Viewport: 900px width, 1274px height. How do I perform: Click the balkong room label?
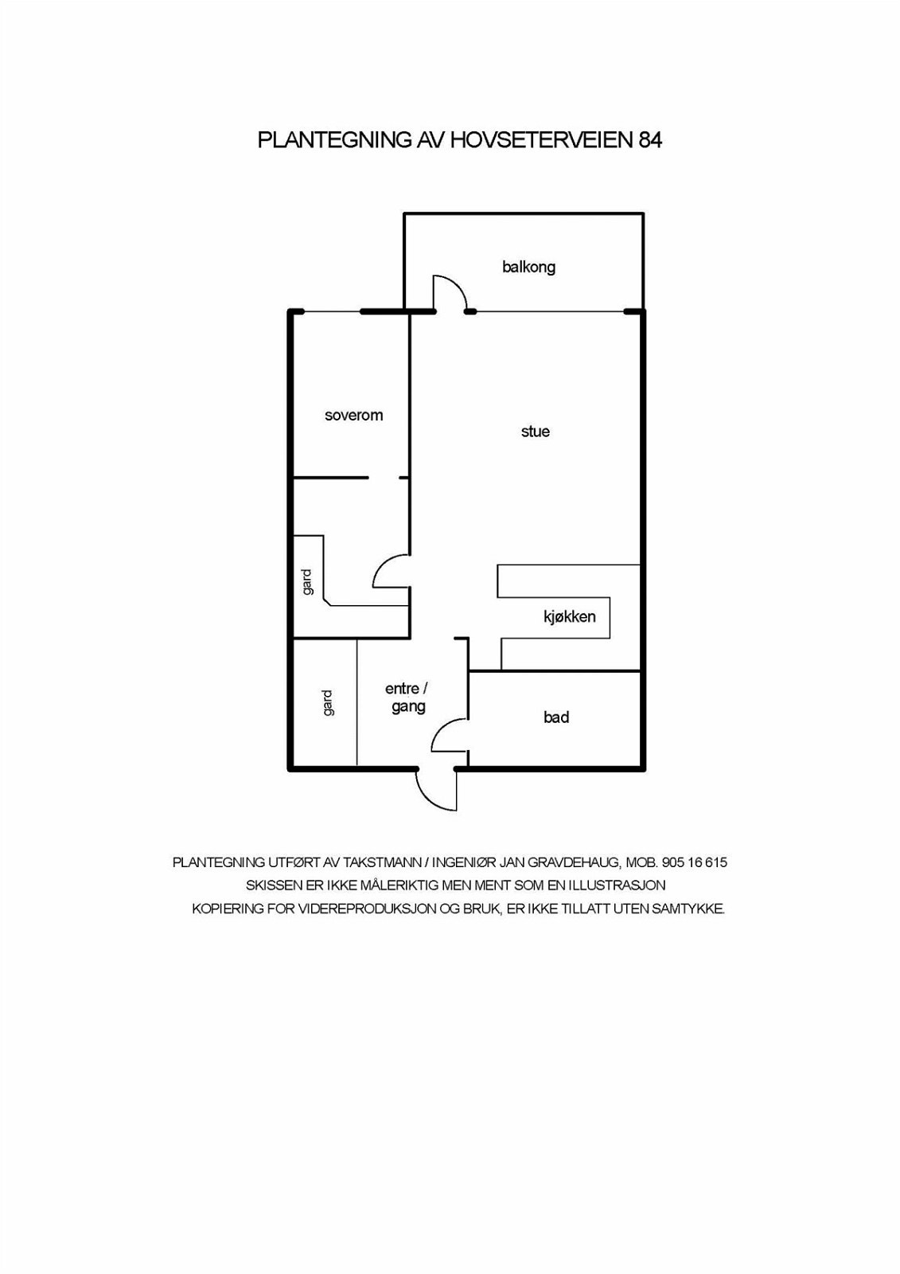(528, 267)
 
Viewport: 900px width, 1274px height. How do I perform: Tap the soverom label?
(353, 415)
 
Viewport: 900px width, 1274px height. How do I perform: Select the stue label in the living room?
(535, 432)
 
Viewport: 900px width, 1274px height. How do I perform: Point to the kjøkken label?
(569, 616)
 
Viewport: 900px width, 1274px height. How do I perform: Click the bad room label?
(555, 717)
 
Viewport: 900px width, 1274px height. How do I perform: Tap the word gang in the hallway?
(407, 706)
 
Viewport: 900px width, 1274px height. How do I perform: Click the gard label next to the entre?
(328, 702)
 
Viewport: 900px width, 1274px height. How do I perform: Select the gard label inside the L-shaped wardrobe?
(307, 581)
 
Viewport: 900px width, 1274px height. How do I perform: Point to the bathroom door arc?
(447, 733)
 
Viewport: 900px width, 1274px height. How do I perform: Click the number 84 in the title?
(649, 140)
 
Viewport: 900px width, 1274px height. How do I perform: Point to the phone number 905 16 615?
(694, 862)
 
